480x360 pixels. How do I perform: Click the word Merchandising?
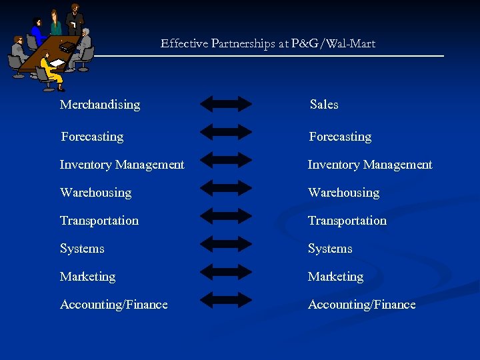[100, 105]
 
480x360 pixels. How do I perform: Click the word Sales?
[324, 105]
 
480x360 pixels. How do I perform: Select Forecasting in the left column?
[92, 137]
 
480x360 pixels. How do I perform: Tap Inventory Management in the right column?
[369, 165]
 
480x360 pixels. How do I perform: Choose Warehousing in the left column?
[95, 193]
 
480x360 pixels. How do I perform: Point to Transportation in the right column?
[347, 221]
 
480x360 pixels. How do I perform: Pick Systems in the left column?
[82, 249]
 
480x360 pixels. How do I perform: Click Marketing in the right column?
[335, 277]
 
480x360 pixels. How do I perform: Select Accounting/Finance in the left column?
[113, 305]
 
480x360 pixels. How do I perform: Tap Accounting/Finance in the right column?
[361, 305]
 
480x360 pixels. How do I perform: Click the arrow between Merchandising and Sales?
[226, 103]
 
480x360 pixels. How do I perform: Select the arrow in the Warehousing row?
[226, 187]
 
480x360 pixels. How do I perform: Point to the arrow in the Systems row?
[226, 243]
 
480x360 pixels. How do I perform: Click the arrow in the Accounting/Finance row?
[226, 299]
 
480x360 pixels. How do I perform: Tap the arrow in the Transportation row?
[226, 215]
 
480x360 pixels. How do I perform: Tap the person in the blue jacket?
[37, 32]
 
